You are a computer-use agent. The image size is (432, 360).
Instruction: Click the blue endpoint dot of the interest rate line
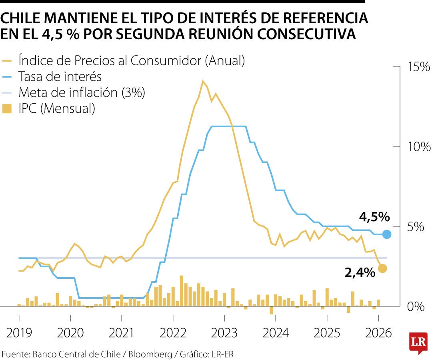click(x=387, y=234)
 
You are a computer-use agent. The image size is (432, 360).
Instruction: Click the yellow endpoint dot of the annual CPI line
click(x=382, y=268)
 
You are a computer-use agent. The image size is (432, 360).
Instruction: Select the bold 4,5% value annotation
click(x=374, y=217)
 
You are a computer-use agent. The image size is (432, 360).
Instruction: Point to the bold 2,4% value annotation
click(x=360, y=273)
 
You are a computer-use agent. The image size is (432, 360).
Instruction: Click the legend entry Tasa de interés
click(x=60, y=76)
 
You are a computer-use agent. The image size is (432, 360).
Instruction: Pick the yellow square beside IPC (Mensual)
click(x=7, y=109)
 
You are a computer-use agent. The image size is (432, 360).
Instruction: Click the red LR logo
click(x=418, y=342)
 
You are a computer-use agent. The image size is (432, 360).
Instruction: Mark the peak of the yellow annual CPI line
click(x=203, y=81)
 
